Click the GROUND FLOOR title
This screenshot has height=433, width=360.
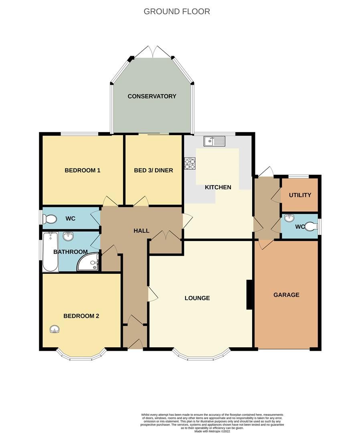[176, 11]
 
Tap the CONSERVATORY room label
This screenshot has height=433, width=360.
[152, 96]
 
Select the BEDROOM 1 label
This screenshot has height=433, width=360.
[82, 170]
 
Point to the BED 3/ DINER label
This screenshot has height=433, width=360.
[154, 170]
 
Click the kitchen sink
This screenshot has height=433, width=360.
[215, 141]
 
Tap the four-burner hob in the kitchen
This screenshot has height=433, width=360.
[190, 164]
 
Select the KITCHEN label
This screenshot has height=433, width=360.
[218, 187]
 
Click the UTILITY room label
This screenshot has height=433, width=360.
[300, 195]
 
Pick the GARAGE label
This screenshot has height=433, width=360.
[286, 295]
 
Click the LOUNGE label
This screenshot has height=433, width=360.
[197, 298]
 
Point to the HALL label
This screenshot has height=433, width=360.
[142, 231]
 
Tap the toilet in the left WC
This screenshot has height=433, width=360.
[51, 219]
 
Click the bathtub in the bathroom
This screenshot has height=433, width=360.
[51, 252]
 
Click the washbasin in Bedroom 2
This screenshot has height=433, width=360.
[55, 330]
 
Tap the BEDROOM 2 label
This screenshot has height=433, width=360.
[81, 316]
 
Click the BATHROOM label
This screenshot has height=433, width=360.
[71, 252]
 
